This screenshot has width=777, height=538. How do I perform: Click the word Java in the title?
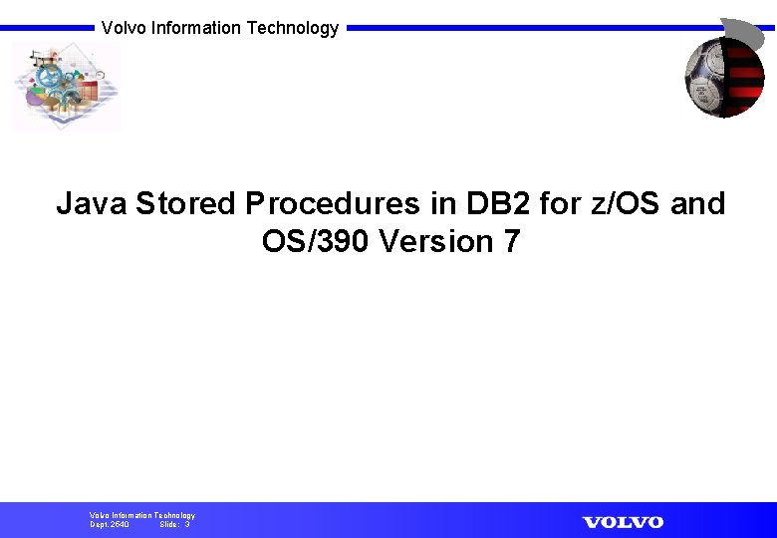91,203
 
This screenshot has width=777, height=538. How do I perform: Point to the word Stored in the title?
185,203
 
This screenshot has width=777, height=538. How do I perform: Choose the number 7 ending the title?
511,241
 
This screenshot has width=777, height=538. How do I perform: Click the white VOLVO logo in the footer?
623,522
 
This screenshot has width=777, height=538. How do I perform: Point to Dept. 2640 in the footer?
110,524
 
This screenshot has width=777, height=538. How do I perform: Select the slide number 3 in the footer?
187,524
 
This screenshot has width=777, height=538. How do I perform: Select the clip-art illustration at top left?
65,88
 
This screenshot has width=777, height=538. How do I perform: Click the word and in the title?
698,203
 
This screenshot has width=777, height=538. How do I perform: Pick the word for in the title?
560,203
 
